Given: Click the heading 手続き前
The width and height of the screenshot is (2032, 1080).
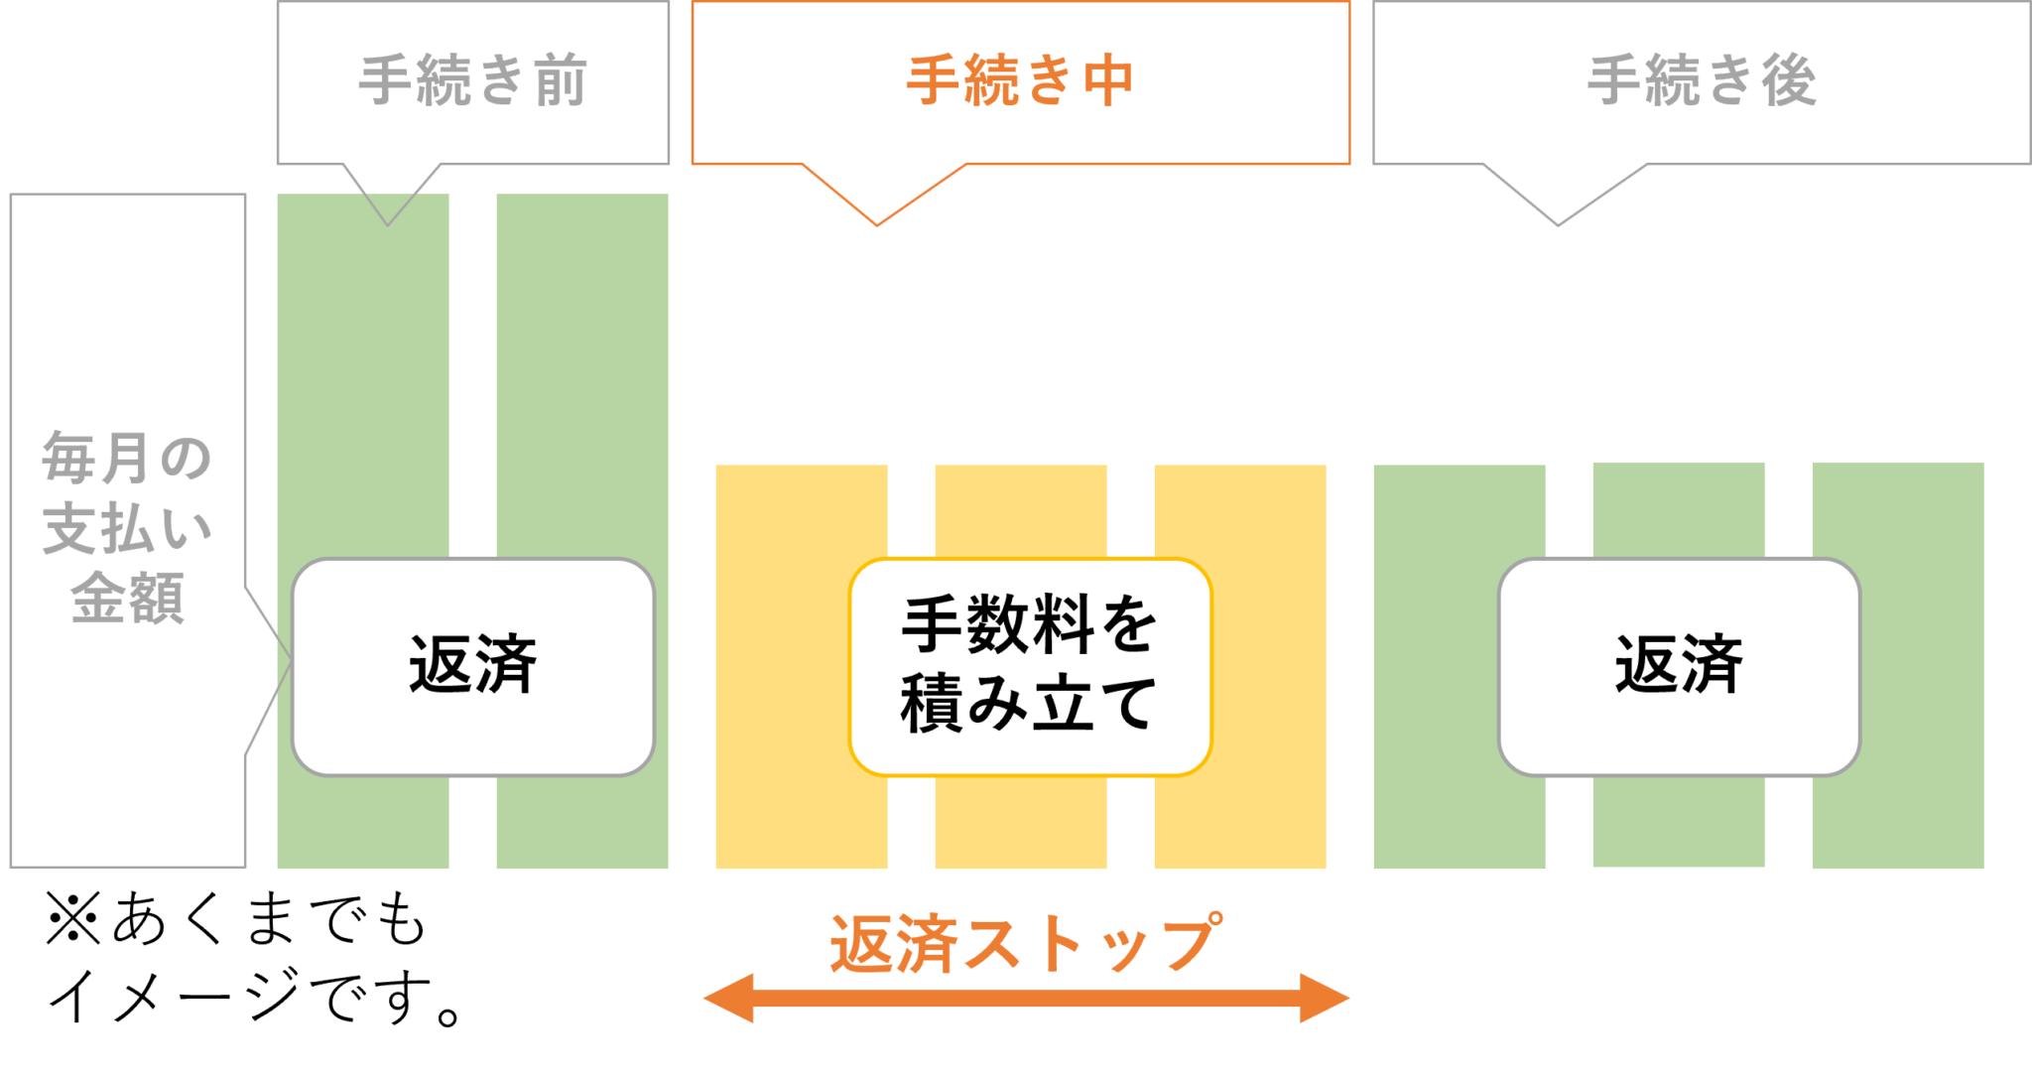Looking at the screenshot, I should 472,80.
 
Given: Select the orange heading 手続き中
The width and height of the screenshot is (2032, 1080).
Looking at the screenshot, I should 1020,80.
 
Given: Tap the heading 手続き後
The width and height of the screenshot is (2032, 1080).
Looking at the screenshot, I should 1702,80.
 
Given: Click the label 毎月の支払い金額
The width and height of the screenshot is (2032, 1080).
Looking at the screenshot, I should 127,528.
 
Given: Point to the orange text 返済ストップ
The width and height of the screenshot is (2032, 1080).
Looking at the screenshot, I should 1026,942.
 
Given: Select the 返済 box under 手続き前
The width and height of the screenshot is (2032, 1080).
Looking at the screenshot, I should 472,666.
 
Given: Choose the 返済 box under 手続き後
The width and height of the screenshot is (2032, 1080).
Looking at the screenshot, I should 1678,666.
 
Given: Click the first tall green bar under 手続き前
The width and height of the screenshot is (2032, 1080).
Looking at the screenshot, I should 363,397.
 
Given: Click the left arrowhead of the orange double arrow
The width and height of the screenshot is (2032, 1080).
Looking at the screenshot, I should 724,998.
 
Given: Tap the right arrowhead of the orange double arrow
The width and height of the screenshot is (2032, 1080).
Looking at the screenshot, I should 1330,998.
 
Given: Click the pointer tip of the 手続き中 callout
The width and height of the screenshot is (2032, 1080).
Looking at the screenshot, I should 877,224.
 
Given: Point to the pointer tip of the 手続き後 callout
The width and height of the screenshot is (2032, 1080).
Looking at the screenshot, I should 1558,224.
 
